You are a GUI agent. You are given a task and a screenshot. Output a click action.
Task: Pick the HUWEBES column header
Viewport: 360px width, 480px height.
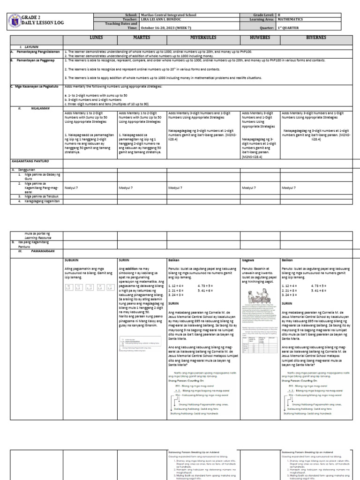coord(259,36)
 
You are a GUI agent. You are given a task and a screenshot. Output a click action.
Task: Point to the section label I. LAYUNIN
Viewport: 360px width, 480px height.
coord(27,47)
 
